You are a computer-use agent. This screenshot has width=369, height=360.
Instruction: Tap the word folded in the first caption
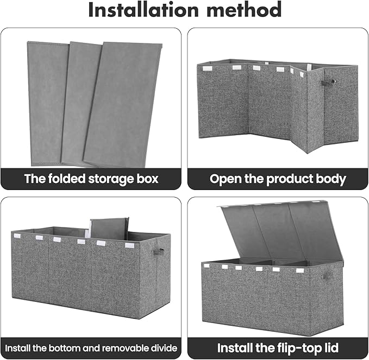coord(69,179)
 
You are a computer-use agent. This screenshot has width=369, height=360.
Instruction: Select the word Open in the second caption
coord(226,179)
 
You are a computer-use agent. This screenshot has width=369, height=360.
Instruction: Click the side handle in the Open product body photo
coord(328,82)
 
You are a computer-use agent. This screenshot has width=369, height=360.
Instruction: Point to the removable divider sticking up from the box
coord(109,228)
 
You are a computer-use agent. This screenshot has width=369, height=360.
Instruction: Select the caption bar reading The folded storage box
coord(91,179)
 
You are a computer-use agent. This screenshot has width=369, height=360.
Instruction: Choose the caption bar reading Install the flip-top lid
coord(278,347)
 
